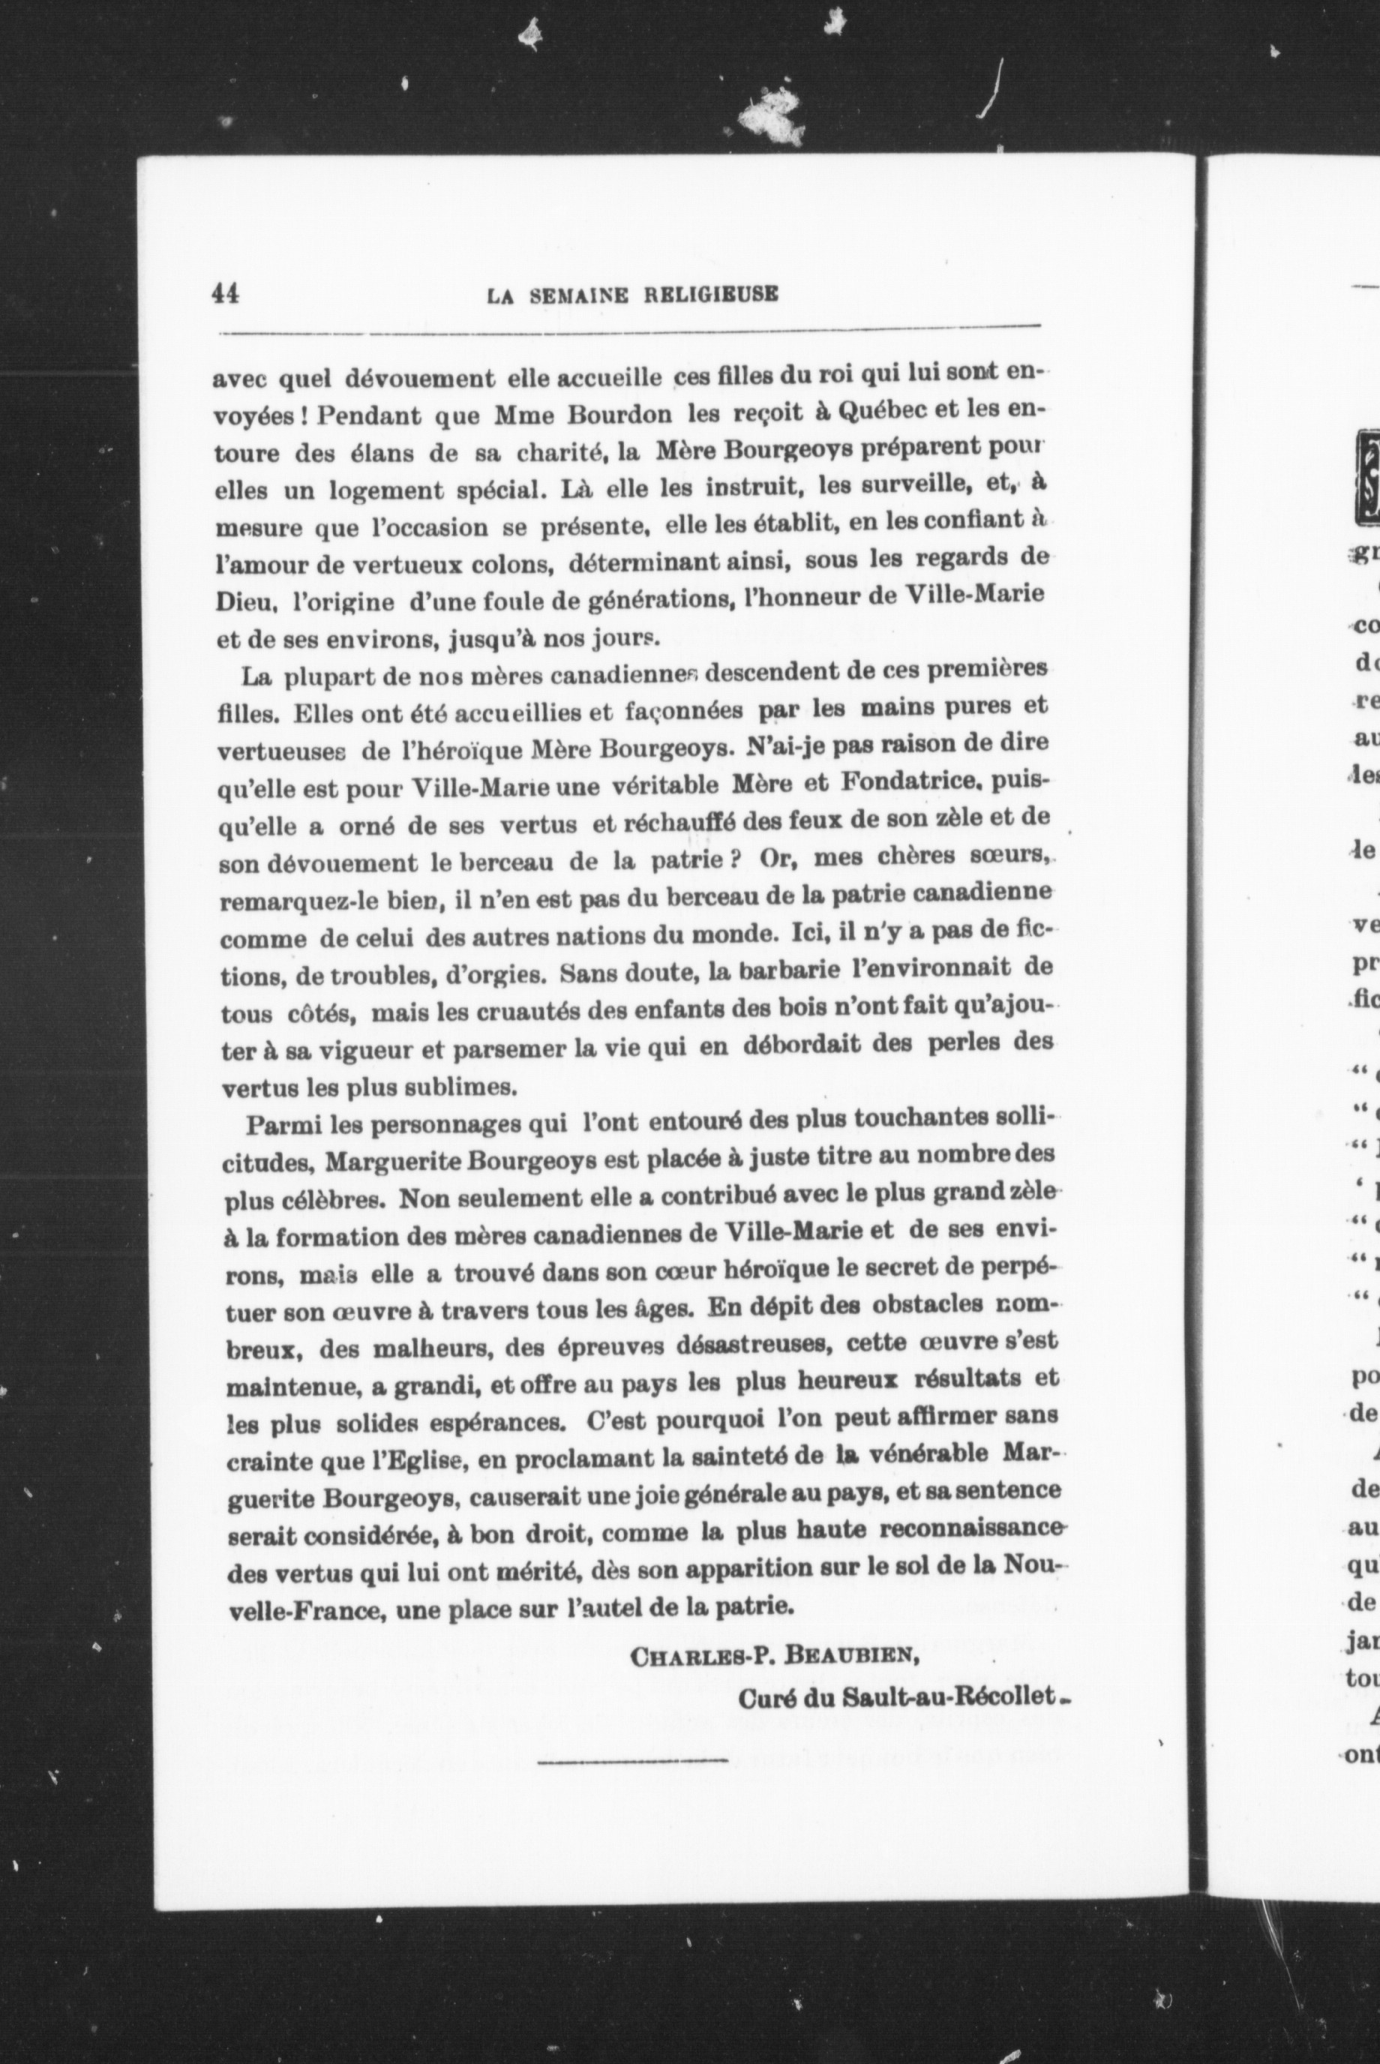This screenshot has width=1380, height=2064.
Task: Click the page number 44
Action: tap(227, 294)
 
